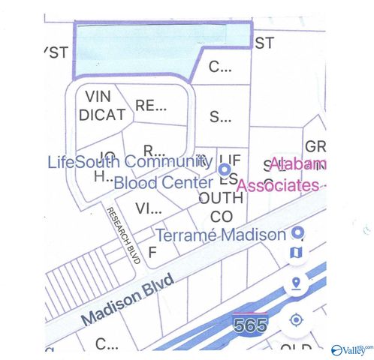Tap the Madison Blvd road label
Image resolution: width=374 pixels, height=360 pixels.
(128, 299)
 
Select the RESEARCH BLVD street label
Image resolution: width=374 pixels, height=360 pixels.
(124, 235)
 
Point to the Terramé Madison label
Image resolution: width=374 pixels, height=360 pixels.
(220, 234)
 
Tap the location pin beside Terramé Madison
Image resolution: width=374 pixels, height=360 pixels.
(297, 233)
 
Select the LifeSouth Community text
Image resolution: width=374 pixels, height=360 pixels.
(125, 161)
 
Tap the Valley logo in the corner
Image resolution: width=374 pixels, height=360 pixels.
(350, 349)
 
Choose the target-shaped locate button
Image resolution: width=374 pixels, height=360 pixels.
(296, 320)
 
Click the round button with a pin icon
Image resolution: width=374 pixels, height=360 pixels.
(296, 284)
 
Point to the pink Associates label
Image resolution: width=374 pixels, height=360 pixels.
(283, 185)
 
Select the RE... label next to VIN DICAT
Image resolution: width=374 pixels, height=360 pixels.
(151, 106)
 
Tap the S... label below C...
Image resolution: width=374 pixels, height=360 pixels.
(220, 117)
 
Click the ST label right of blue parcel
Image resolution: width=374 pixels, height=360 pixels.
(264, 43)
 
